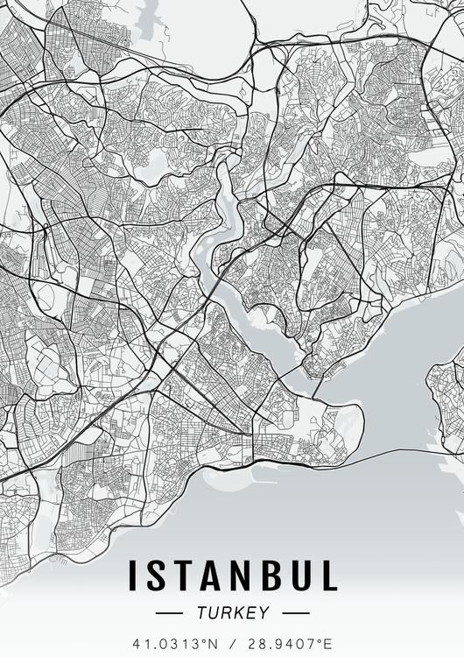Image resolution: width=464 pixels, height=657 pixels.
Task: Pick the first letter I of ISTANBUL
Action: coord(134,576)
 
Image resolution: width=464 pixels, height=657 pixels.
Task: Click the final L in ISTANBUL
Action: coord(326,576)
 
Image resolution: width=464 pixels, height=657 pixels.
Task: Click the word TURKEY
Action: coord(232,613)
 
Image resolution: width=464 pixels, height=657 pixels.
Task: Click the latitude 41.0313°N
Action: coord(175,644)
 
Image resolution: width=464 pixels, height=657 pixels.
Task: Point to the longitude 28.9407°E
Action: coord(289,644)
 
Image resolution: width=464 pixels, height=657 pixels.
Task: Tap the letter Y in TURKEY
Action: coord(264,613)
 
